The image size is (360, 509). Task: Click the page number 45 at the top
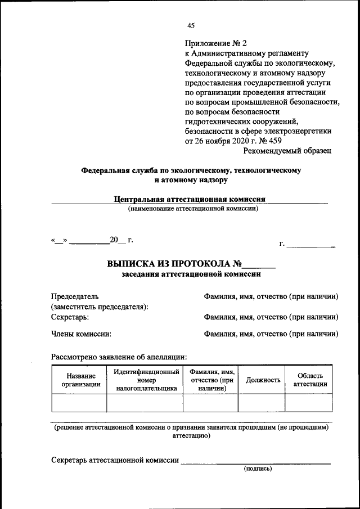(191, 25)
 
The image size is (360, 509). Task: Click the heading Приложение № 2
(215, 43)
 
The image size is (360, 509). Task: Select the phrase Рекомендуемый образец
(287, 151)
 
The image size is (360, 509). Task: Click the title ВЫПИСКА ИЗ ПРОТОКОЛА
(170, 263)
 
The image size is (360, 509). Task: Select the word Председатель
(75, 296)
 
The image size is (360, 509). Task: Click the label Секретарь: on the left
(70, 317)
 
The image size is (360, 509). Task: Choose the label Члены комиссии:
(81, 334)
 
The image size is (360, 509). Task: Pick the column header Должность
(263, 380)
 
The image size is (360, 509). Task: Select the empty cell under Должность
(262, 403)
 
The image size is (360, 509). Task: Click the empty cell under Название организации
(79, 403)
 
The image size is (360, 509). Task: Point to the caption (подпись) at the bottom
(257, 468)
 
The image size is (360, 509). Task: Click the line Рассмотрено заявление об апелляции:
(119, 356)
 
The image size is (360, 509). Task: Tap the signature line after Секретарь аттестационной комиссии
(255, 462)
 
